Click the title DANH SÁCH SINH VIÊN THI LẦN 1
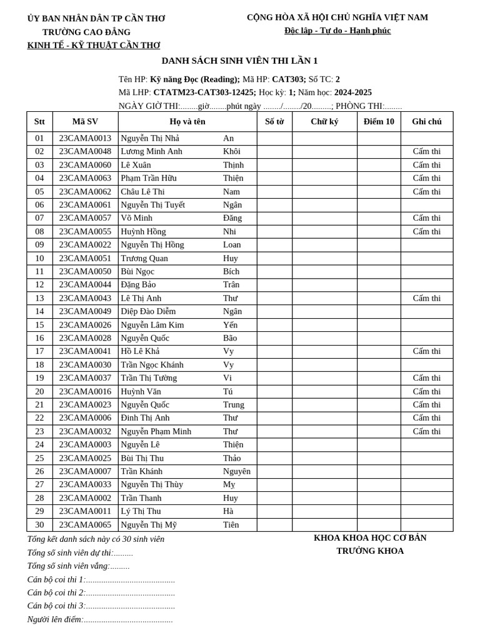(x=239, y=61)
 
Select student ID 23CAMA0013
(x=85, y=138)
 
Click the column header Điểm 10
(x=379, y=121)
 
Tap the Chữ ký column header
(x=324, y=121)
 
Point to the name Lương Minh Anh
(x=151, y=151)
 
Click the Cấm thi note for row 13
(x=426, y=298)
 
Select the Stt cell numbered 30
(x=39, y=524)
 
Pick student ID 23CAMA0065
(x=85, y=524)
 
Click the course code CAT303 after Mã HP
(x=288, y=79)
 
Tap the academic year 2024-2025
(x=352, y=92)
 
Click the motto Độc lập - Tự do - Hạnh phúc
(x=337, y=31)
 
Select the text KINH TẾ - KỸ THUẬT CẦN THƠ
(x=94, y=46)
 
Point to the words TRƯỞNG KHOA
(x=370, y=551)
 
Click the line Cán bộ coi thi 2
(x=101, y=592)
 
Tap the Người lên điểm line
(x=100, y=619)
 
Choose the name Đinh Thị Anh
(x=145, y=417)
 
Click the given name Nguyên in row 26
(x=236, y=471)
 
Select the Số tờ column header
(x=274, y=121)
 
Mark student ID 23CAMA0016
(x=85, y=391)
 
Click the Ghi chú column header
(x=426, y=121)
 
